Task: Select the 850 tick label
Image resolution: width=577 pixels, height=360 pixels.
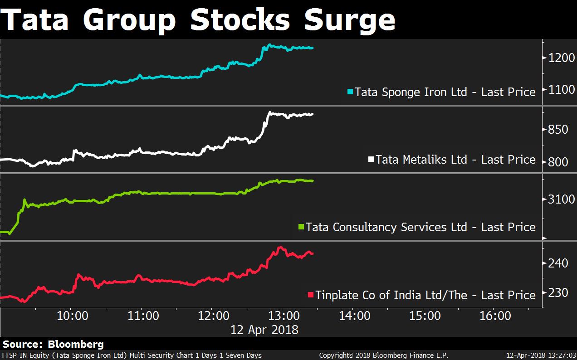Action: point(558,130)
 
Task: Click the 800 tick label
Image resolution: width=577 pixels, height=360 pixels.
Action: point(558,162)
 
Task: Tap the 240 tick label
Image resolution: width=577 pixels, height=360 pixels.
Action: point(558,263)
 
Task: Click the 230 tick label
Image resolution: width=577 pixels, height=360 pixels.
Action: point(558,293)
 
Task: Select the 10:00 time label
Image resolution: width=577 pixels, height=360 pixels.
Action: point(72,316)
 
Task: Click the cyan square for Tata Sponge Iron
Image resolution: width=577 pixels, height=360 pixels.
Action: point(350,92)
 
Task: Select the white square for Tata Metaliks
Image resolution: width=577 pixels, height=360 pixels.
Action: point(371,159)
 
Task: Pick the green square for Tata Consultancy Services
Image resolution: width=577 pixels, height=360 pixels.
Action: point(301,227)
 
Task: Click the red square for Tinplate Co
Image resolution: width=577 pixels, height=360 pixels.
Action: point(311,295)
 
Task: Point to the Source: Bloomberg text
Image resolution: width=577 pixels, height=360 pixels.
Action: point(53,345)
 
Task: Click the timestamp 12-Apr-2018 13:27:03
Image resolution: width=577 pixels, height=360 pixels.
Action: point(541,355)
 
